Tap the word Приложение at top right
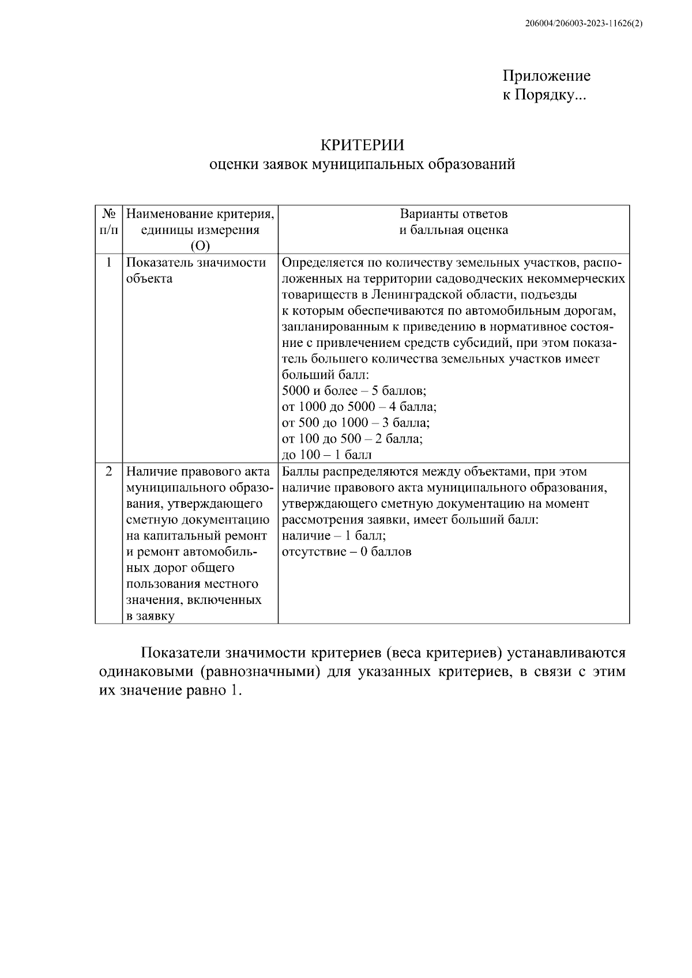coord(546,76)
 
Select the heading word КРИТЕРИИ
coord(362,145)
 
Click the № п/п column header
coord(109,222)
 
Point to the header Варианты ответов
coord(454,214)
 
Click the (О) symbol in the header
coord(200,246)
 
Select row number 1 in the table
coord(109,263)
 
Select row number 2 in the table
coord(109,471)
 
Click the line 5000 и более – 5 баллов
coord(354,391)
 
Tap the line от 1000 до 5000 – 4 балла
coord(359,407)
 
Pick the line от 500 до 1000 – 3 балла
coord(356,423)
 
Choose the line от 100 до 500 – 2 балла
coord(352,439)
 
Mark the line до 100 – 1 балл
coord(326,455)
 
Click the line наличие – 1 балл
coord(334,535)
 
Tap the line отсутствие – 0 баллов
coord(347,552)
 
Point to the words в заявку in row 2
coord(150,616)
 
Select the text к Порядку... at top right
coord(544,95)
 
